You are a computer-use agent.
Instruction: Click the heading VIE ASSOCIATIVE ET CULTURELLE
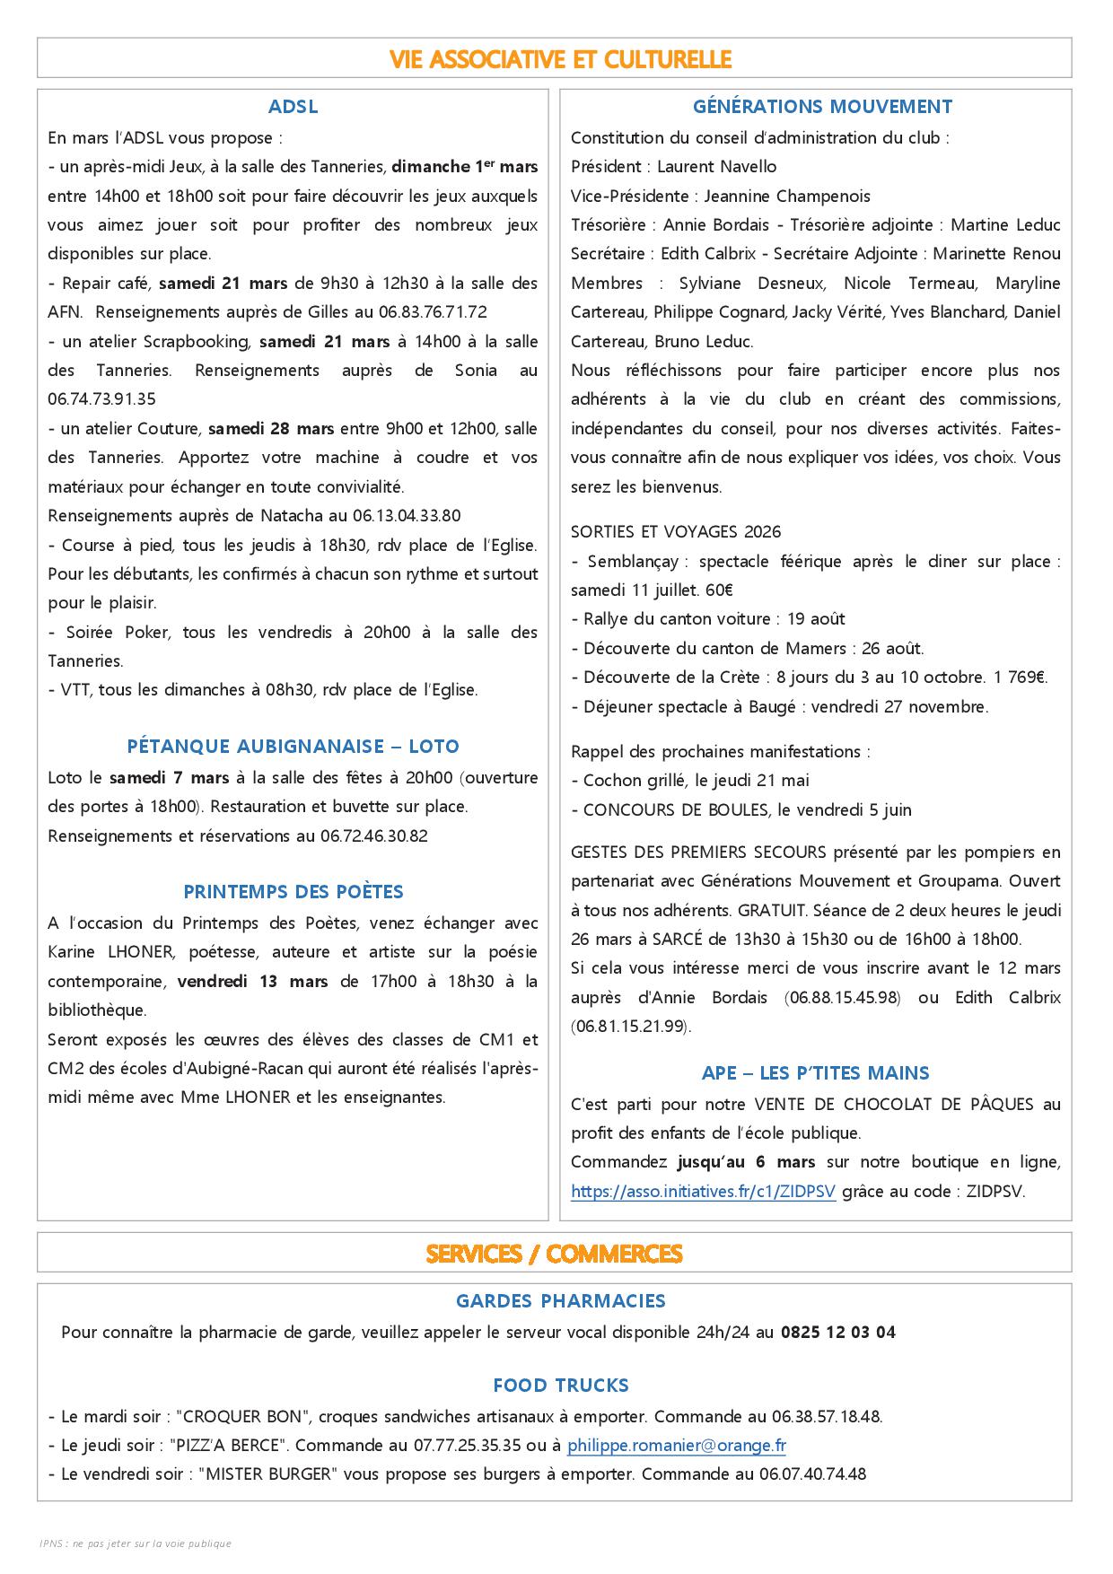tap(561, 59)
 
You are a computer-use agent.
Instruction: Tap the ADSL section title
tap(293, 107)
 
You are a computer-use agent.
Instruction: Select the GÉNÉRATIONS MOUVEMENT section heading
tap(822, 107)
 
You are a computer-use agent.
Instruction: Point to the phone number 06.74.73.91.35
tap(101, 399)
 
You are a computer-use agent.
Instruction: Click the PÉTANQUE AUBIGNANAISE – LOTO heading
tap(293, 747)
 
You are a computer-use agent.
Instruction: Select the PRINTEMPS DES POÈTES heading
tap(293, 892)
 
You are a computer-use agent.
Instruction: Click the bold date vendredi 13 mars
tap(252, 982)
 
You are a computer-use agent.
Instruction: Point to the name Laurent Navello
tap(716, 167)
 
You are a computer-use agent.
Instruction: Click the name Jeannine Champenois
tap(787, 197)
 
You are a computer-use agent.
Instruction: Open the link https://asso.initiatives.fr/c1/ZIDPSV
tap(703, 1192)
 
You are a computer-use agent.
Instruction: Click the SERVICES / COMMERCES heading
tap(554, 1254)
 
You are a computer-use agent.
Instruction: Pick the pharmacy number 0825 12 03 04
tap(837, 1333)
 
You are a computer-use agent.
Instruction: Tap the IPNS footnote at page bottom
tap(136, 1543)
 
